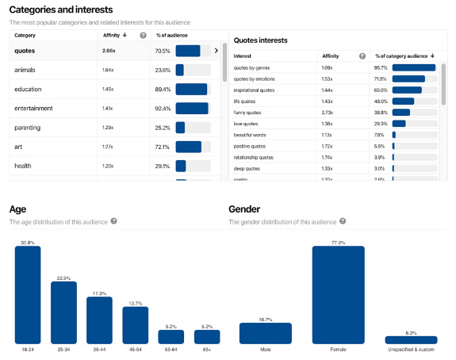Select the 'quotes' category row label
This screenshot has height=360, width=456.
tap(25, 51)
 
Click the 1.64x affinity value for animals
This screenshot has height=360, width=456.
tap(109, 70)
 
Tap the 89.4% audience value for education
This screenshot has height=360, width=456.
tap(163, 89)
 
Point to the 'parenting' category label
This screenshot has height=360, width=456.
tap(28, 128)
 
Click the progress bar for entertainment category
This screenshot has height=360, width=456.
tap(192, 108)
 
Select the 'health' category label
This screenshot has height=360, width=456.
tap(22, 166)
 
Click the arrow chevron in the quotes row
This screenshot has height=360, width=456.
tap(217, 51)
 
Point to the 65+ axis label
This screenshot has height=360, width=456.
tap(207, 350)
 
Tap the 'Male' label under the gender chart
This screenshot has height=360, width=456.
tap(266, 350)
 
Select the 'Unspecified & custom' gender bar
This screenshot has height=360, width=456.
tap(411, 339)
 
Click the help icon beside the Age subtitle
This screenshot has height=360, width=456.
tap(114, 221)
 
